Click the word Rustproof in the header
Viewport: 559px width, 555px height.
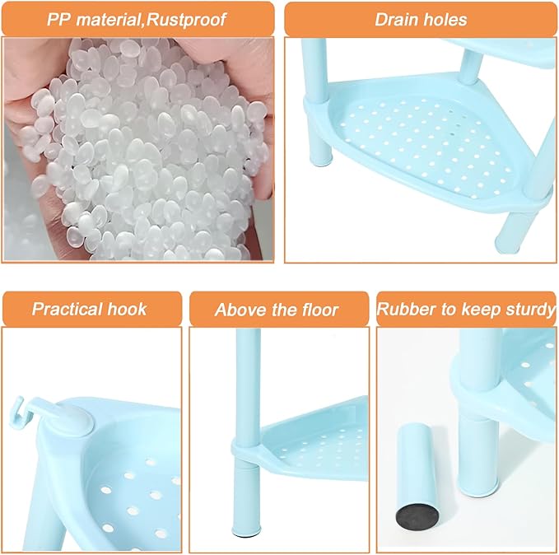coord(186,20)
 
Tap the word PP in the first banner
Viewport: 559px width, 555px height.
coord(58,20)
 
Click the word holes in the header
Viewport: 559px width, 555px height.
coord(444,20)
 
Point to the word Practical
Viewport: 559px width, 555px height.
coord(67,310)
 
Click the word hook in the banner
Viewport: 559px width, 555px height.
coord(128,310)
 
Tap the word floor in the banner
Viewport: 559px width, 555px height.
coord(319,310)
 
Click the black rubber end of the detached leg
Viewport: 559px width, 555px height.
coord(417,517)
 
